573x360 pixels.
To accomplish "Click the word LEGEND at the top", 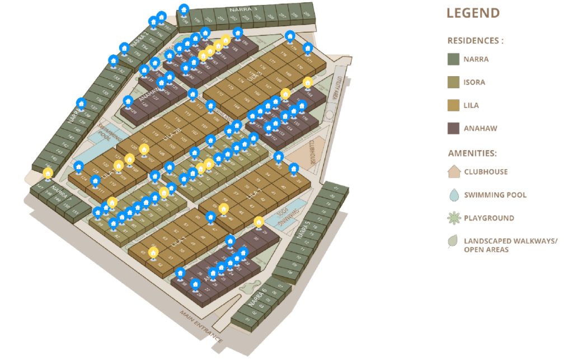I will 473,13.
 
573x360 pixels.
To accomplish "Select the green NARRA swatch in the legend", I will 453,59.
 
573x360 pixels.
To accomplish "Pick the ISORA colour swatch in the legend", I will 453,82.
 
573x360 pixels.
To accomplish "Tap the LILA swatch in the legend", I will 453,105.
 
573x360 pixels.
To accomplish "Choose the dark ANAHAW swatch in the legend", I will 453,128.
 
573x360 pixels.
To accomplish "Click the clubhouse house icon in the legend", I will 453,171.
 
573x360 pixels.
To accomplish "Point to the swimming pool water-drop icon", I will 453,194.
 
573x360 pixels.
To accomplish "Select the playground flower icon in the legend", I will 453,218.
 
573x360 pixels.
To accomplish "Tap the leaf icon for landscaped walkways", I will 453,242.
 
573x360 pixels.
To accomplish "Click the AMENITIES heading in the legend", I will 472,153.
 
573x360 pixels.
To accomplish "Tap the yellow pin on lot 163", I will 307,83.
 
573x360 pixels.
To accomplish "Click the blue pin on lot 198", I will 184,10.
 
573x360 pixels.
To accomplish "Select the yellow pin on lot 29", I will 259,222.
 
